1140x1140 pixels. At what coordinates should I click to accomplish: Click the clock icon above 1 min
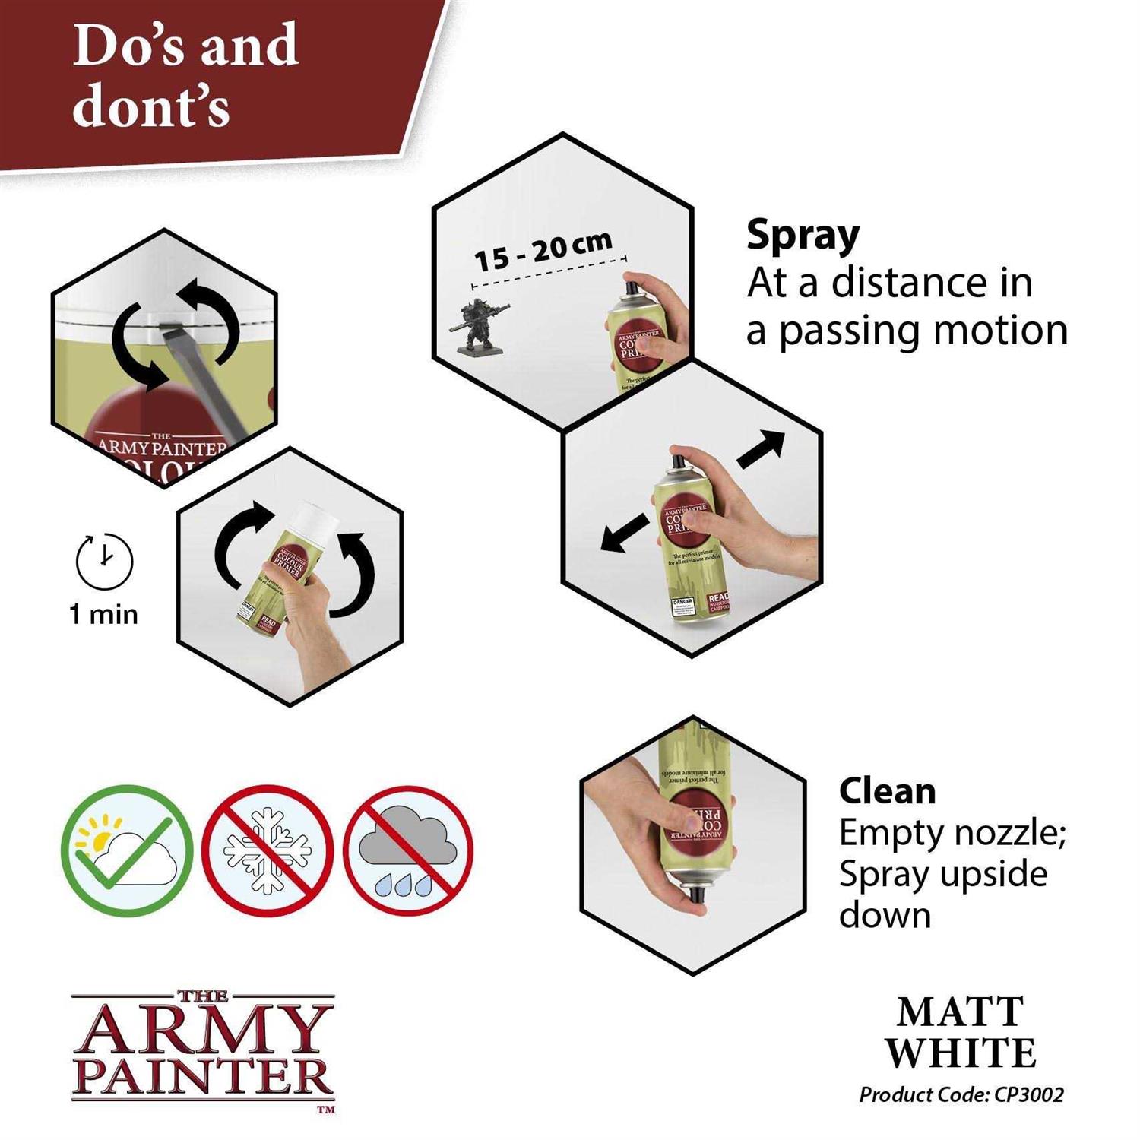coord(104,562)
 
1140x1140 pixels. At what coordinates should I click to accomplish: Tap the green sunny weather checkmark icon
coord(127,850)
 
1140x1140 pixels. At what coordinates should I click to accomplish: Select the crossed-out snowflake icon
coord(268,850)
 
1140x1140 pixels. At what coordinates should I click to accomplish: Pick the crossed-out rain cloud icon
coord(408,850)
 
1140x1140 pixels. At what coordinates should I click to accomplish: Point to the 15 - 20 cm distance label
coord(543,250)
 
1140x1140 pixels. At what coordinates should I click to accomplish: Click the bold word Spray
coord(803,236)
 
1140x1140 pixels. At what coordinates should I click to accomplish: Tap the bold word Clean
coord(887,791)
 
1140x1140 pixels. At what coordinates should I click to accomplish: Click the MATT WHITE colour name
coord(961,1033)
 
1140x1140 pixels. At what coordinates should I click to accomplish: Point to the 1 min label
coord(104,614)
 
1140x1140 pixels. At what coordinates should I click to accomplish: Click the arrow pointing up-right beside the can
coord(762,448)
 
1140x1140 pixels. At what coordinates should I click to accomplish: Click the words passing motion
coord(923,331)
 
